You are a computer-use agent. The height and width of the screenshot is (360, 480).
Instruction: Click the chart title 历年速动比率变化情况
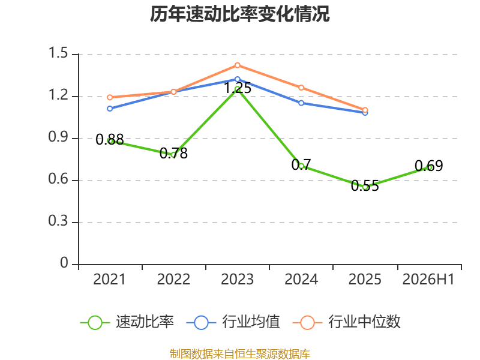[x=239, y=14]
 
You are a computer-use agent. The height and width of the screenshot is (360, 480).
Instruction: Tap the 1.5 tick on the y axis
[x=58, y=53]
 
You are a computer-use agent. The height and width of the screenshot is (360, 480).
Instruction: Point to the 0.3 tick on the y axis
[x=58, y=221]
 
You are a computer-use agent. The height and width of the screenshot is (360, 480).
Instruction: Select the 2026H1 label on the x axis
[x=428, y=280]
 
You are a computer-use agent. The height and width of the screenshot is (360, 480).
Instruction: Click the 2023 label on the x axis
[x=237, y=280]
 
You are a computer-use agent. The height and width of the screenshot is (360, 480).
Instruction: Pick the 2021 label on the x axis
[x=110, y=280]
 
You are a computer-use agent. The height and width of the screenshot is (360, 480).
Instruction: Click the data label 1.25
[x=238, y=88]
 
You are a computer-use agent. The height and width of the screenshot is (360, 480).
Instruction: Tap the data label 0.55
[x=365, y=186]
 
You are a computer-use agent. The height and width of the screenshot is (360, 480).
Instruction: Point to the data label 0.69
[x=429, y=166]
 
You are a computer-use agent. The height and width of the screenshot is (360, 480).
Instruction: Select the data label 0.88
[x=110, y=140]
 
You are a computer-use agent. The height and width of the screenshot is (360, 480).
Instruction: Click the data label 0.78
[x=173, y=153]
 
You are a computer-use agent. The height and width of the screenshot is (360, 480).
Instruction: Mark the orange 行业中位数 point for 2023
[x=237, y=65]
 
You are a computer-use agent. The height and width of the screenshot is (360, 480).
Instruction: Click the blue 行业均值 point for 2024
[x=301, y=103]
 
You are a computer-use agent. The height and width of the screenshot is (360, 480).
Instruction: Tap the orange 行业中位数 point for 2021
[x=110, y=97]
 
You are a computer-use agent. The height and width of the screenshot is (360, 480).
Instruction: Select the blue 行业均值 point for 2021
[x=110, y=109]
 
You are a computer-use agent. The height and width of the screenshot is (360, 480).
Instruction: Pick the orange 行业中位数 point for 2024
[x=301, y=88]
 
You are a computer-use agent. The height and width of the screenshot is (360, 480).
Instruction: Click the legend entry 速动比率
[x=127, y=322]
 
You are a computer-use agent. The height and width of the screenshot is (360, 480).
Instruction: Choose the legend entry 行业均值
[x=233, y=322]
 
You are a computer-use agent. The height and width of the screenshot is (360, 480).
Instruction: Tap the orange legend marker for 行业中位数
[x=307, y=323]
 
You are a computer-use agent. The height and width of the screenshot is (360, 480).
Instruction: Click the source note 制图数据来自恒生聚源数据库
[x=240, y=354]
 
